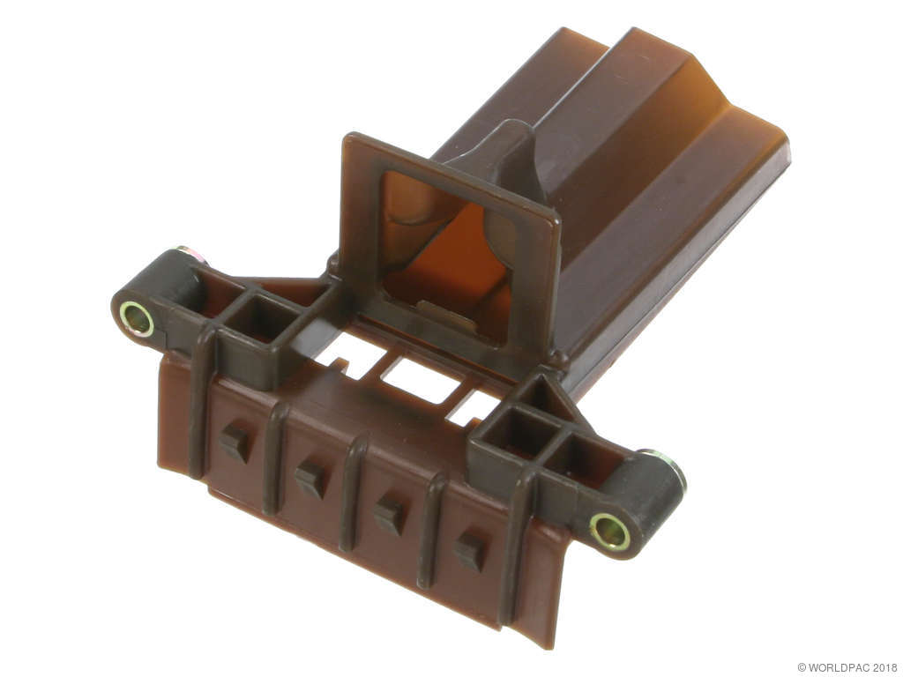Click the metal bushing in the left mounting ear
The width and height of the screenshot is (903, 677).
click(x=137, y=319)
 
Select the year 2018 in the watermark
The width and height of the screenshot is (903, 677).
click(x=884, y=667)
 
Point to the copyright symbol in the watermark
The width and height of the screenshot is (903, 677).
click(x=802, y=667)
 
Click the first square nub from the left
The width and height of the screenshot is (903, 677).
click(x=235, y=443)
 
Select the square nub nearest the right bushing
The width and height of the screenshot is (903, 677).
click(x=469, y=551)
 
